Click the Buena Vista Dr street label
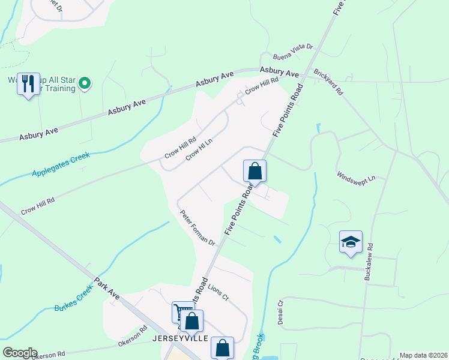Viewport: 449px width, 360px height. coord(293,51)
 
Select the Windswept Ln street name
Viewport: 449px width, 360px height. coord(356,178)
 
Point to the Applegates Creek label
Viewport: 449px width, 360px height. coord(60,164)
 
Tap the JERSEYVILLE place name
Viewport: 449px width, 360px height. coord(179,338)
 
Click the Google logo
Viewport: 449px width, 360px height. coord(20,353)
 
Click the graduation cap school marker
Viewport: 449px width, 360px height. coord(351,242)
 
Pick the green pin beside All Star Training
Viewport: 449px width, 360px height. coord(85,83)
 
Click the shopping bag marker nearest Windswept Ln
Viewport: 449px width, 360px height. coord(255,171)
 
